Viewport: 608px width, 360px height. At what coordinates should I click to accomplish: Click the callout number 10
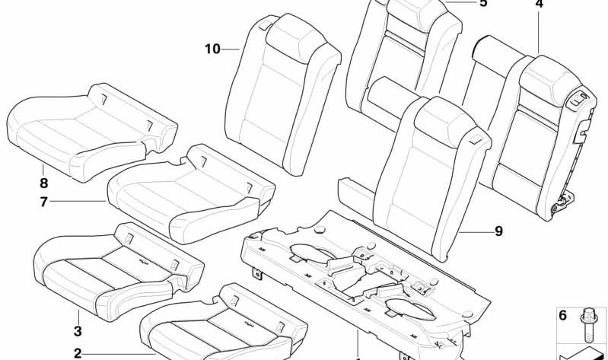[212, 49]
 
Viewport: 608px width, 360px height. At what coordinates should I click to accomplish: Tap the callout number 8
[43, 183]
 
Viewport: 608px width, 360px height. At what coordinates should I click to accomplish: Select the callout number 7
[43, 202]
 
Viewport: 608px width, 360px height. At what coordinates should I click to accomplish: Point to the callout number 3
[78, 331]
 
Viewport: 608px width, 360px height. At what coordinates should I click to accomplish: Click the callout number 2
[78, 353]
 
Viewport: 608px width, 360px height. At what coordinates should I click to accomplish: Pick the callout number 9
[498, 231]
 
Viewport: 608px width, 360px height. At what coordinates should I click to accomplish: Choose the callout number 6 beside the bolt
[562, 315]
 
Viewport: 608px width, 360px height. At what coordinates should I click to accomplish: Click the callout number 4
[539, 4]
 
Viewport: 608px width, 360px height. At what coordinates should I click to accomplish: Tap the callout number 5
[482, 3]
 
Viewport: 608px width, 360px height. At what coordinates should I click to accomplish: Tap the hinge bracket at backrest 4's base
[563, 202]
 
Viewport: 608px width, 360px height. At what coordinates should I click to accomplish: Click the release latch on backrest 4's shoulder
[580, 100]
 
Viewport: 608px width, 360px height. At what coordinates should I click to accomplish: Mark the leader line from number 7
[78, 202]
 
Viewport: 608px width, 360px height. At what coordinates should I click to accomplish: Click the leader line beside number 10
[231, 49]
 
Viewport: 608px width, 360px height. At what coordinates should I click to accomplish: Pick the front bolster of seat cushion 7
[215, 221]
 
